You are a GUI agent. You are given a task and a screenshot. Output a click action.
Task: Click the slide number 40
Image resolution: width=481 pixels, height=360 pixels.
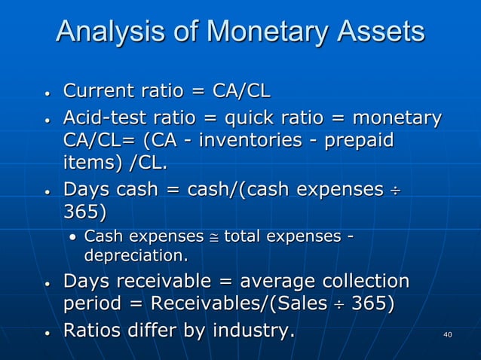(x=448, y=334)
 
